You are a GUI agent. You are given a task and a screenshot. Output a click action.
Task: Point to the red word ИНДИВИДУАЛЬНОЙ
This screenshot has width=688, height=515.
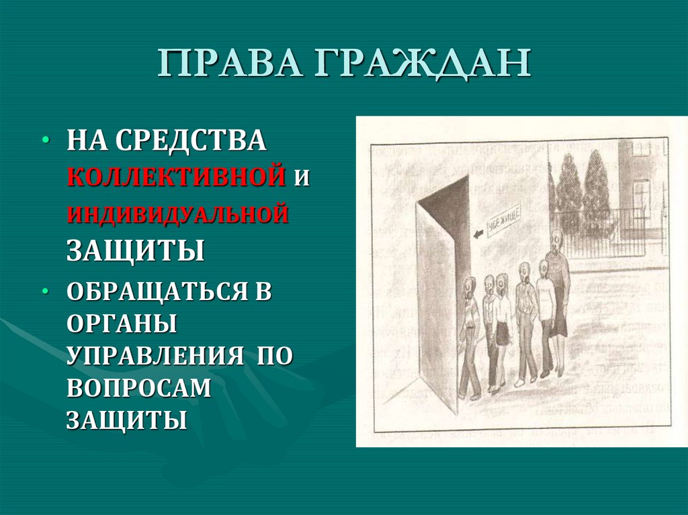(177, 214)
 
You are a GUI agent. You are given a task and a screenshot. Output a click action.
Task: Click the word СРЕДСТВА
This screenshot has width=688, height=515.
(190, 142)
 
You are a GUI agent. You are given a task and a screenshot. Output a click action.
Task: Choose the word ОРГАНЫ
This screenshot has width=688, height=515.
(121, 326)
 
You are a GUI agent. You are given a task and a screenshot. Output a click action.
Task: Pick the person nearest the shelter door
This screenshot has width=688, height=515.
(470, 336)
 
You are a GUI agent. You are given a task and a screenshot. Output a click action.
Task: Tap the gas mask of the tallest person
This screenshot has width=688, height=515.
(555, 238)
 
